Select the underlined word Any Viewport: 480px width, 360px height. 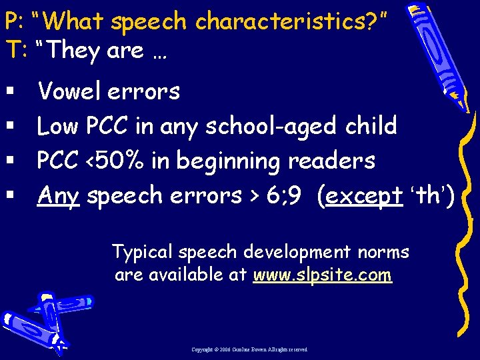point(59,196)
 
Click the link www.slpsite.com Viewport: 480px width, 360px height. point(322,275)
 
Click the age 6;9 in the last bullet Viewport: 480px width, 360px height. point(287,196)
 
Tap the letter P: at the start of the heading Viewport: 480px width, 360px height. point(14,22)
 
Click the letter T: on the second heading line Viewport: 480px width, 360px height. point(14,51)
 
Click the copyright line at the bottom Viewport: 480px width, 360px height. point(250,349)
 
